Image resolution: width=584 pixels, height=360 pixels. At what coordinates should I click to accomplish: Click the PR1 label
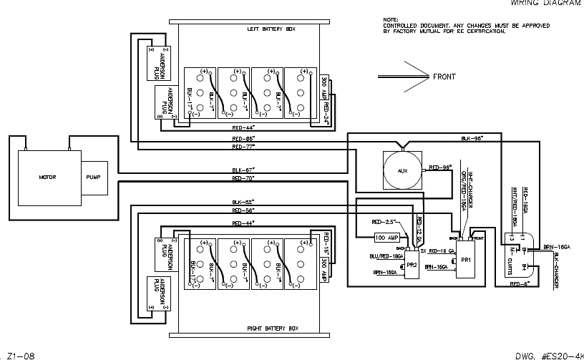tap(465, 258)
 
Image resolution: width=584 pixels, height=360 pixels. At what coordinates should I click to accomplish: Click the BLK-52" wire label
tap(243, 203)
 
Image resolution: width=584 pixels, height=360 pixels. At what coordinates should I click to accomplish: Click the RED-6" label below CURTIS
tap(519, 284)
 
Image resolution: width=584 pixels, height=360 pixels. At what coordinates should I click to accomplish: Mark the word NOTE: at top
tap(389, 19)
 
